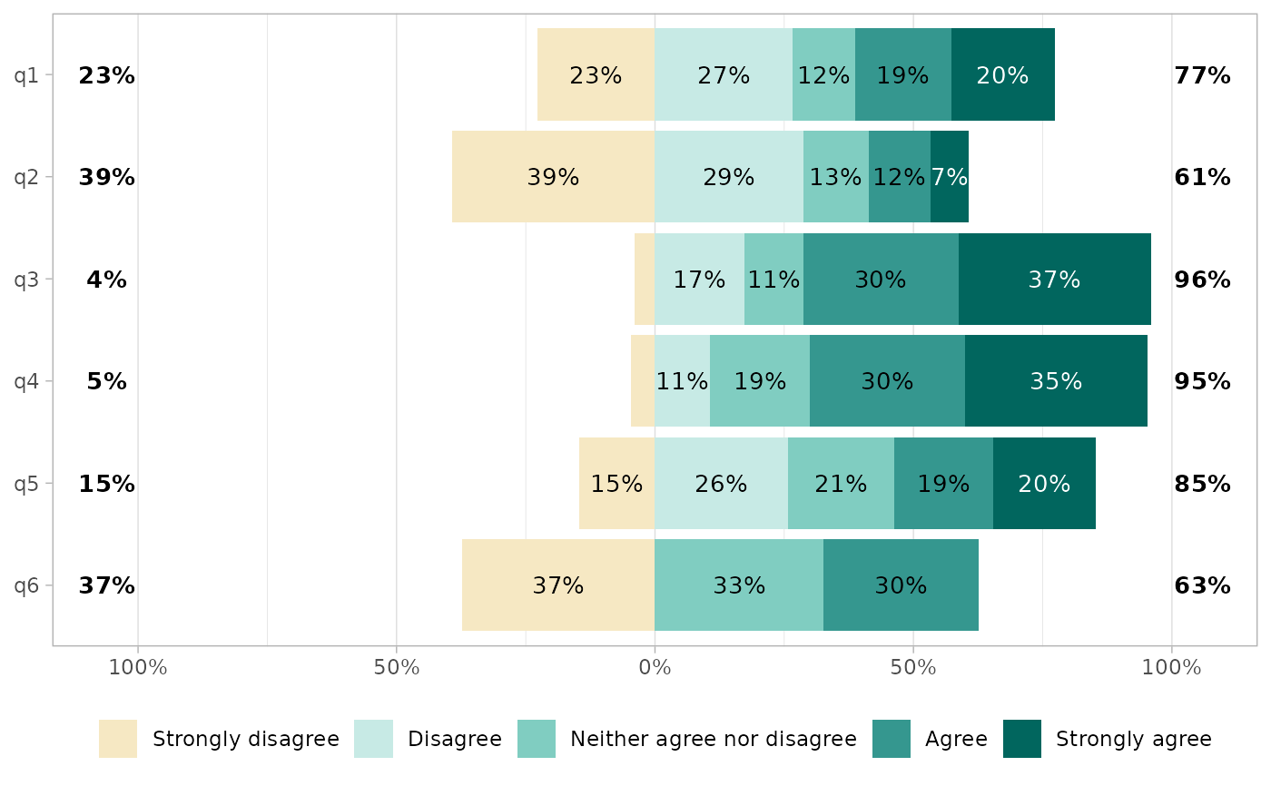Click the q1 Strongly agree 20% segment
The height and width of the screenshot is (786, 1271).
(x=1002, y=75)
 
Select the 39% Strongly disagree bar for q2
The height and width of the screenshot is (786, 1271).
(x=553, y=177)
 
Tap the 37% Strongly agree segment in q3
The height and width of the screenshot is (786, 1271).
(x=1054, y=280)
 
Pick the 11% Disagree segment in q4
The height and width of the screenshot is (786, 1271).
(x=682, y=381)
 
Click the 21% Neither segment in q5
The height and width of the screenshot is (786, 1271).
(x=841, y=484)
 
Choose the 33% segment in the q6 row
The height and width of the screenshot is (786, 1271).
(x=739, y=585)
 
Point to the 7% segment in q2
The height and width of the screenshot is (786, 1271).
(x=950, y=177)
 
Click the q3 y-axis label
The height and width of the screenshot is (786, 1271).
(x=26, y=280)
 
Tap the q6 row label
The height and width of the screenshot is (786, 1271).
(x=26, y=585)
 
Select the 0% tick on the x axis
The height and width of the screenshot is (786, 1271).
(x=655, y=669)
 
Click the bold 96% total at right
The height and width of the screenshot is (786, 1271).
(x=1202, y=280)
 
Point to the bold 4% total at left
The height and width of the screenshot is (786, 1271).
(x=106, y=280)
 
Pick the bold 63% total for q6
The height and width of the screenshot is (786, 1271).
(x=1202, y=585)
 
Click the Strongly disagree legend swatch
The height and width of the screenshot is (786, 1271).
(x=118, y=739)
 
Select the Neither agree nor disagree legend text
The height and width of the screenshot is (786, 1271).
(x=713, y=739)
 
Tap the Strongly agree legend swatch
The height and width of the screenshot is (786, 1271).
(x=1021, y=739)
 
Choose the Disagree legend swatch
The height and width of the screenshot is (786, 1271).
(x=373, y=739)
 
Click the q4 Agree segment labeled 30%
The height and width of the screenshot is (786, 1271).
(x=887, y=381)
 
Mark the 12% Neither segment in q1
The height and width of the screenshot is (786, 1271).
(x=823, y=75)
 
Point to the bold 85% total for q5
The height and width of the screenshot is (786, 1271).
(x=1202, y=484)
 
